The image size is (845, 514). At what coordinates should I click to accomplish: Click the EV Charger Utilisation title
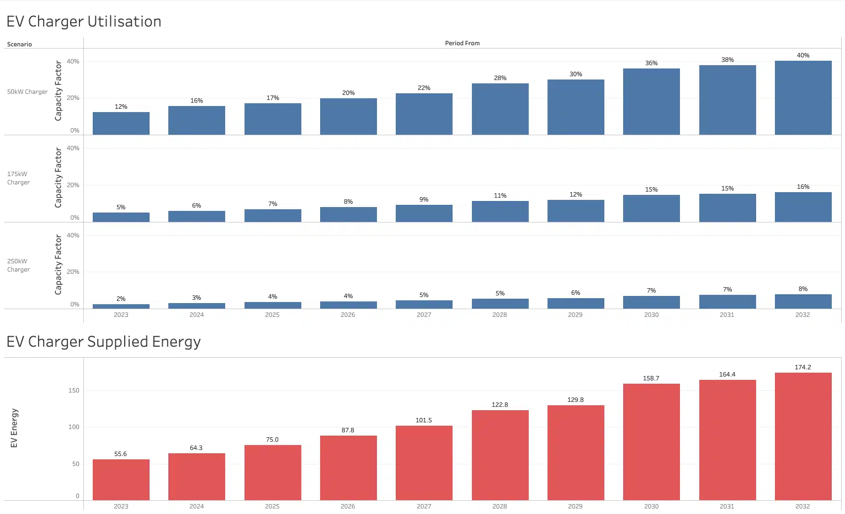[84, 22]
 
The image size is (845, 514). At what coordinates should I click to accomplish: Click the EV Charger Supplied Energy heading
[103, 342]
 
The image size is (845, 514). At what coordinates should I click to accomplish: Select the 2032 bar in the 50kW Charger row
[803, 98]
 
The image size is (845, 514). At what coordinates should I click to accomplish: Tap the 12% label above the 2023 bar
[121, 107]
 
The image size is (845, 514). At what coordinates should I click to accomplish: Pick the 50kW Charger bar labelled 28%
[499, 109]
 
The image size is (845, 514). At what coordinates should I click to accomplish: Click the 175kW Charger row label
[18, 178]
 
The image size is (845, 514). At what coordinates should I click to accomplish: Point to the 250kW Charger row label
[18, 265]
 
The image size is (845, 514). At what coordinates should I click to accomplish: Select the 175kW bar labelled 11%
[499, 211]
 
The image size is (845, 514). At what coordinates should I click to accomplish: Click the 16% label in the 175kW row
[803, 187]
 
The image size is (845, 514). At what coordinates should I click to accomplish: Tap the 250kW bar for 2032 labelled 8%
[803, 301]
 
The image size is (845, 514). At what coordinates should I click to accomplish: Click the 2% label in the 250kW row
[121, 299]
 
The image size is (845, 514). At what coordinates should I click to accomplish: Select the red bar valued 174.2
[803, 436]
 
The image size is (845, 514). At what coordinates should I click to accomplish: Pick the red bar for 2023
[121, 480]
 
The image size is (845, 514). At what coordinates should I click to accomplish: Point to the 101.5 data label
[423, 420]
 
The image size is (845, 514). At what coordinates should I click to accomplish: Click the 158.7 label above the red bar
[651, 378]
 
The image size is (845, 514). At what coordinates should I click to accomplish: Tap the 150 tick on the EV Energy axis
[74, 390]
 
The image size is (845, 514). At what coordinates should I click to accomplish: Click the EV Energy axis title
[14, 428]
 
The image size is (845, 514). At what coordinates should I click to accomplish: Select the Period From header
[462, 43]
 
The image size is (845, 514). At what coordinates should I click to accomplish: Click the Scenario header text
[19, 44]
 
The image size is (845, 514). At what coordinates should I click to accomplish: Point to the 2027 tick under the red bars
[423, 506]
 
